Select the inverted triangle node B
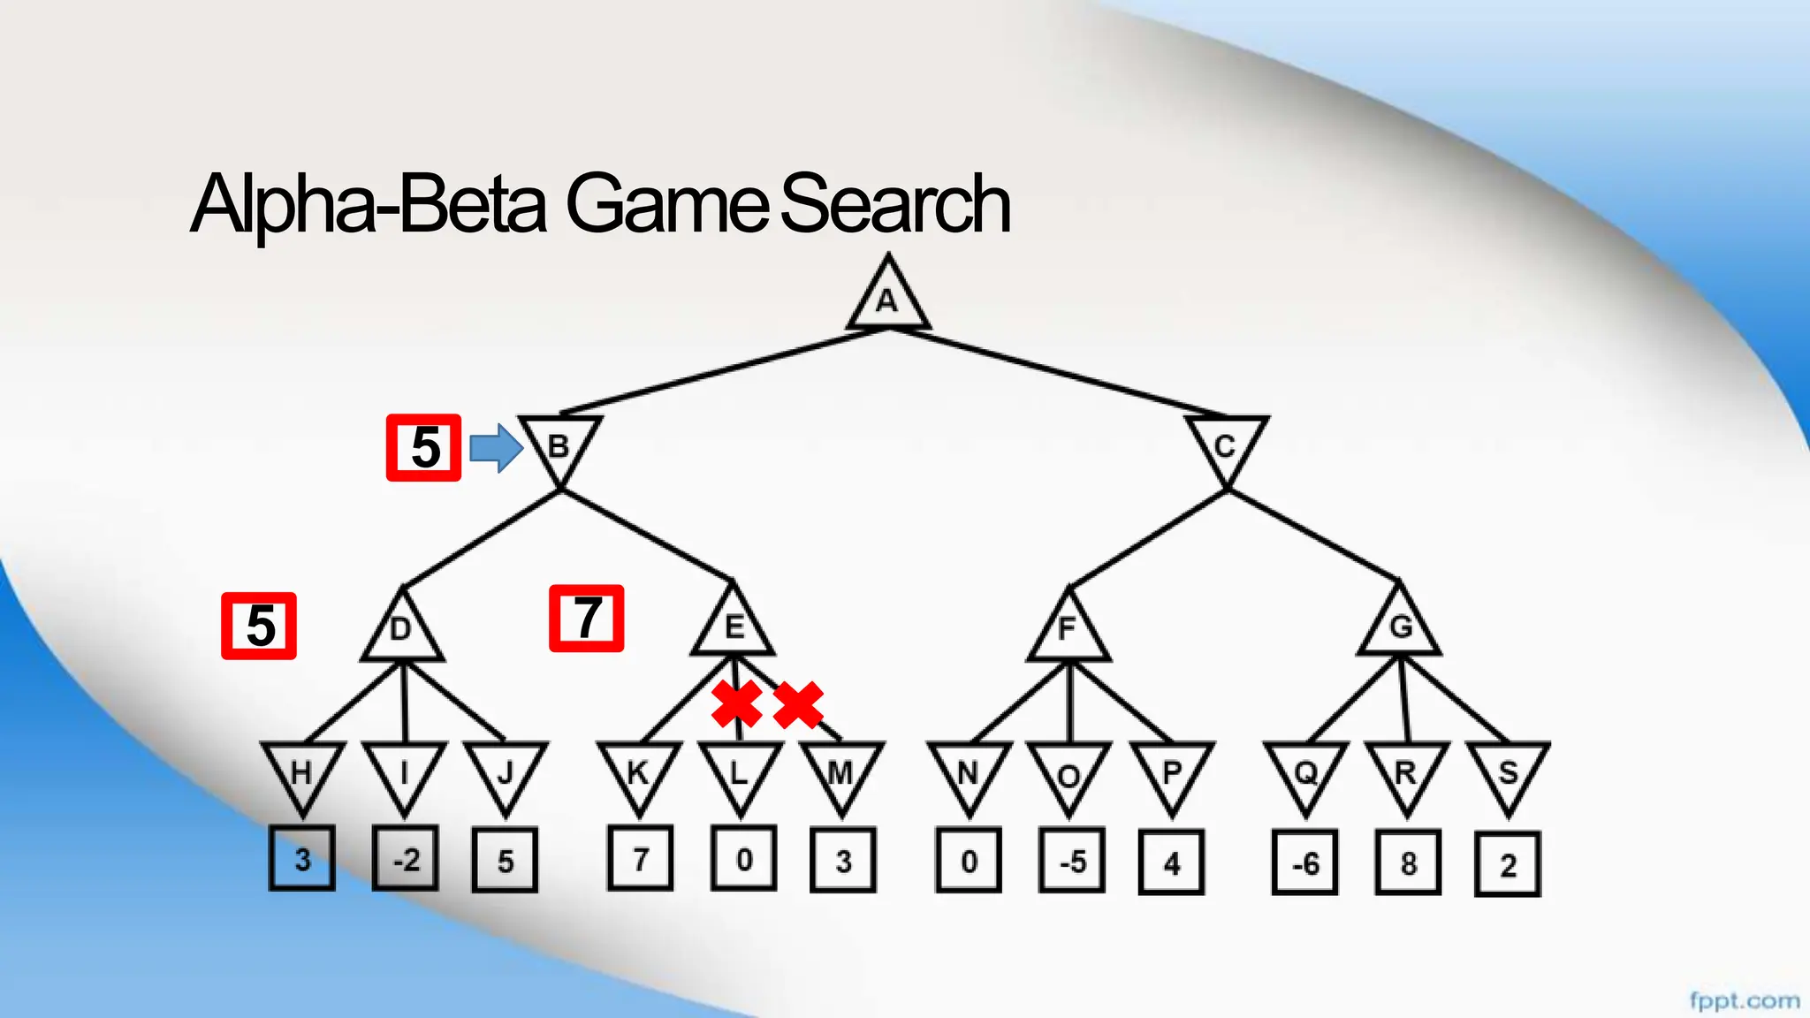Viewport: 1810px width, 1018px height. pos(559,445)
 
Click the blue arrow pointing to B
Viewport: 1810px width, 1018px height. pos(496,448)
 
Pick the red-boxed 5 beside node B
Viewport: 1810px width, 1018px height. pos(424,448)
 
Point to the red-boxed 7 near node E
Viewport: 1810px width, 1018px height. pos(587,619)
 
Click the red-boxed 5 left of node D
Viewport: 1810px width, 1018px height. pos(259,626)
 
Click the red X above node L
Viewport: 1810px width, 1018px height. pos(737,704)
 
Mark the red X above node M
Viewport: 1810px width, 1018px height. pos(799,704)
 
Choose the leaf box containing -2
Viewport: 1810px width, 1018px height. pos(405,859)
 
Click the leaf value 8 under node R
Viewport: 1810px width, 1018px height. pos(1408,862)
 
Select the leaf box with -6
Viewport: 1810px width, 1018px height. pos(1305,862)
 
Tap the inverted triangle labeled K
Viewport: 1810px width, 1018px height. pos(638,773)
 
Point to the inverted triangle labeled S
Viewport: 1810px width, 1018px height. pos(1508,774)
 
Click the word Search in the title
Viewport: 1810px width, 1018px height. pos(894,205)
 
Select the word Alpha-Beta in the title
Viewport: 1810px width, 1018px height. pos(369,205)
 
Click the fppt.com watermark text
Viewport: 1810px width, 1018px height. pos(1744,1000)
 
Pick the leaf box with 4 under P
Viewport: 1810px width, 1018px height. pos(1171,862)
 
